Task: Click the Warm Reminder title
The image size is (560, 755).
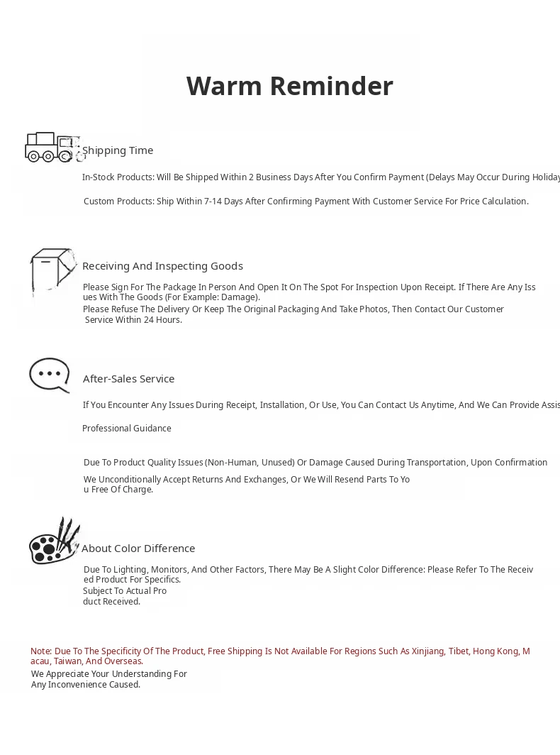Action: (289, 86)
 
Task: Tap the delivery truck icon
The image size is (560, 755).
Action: (51, 147)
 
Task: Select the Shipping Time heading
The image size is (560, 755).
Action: (118, 150)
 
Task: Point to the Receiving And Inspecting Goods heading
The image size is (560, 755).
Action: (162, 266)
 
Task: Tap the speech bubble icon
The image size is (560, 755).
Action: (50, 375)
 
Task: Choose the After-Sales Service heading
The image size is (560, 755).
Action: (128, 379)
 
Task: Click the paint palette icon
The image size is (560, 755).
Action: (53, 542)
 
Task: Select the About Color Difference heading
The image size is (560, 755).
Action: (138, 549)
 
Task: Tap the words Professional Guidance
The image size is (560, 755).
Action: (127, 429)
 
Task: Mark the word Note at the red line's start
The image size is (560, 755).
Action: (40, 651)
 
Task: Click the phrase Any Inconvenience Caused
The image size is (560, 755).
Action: (86, 685)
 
